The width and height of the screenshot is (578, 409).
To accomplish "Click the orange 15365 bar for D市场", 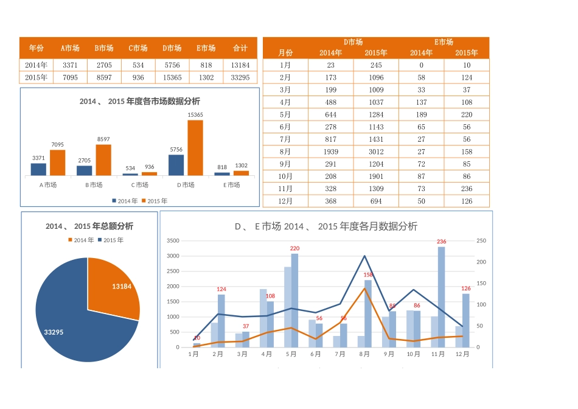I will [195, 148].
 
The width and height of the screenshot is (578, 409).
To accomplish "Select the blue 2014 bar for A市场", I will [38, 169].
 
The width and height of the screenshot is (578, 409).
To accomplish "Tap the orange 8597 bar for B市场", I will [103, 160].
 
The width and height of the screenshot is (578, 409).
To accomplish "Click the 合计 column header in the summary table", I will [240, 48].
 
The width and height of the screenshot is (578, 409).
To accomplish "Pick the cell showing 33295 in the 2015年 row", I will [240, 77].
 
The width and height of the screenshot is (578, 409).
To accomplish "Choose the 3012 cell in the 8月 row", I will [376, 152].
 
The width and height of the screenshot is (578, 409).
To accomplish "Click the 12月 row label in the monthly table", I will [285, 201].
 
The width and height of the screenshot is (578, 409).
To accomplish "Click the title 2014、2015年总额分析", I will [89, 226].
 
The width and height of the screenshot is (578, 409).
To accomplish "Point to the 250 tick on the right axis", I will [481, 241].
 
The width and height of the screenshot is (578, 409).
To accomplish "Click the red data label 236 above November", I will [442, 242].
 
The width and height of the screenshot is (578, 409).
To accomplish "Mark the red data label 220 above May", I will [295, 248].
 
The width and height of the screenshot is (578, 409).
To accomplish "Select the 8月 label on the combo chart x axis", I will [364, 354].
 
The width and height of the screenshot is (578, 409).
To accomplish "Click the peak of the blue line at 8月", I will [364, 256].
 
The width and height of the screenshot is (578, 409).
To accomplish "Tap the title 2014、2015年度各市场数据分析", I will [139, 102].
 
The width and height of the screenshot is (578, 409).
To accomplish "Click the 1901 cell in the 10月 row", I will [376, 177].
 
